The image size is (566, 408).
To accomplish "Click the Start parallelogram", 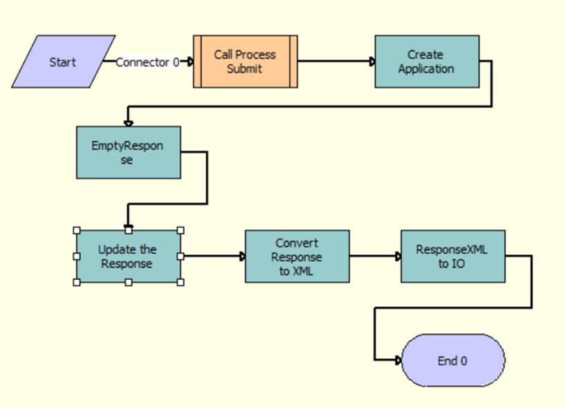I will pyautogui.click(x=62, y=62).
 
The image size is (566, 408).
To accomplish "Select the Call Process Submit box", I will pyautogui.click(x=245, y=62).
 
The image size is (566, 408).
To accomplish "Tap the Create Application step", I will pyautogui.click(x=427, y=62).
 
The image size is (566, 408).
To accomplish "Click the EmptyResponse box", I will pyautogui.click(x=128, y=152).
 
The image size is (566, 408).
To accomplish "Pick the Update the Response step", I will pyautogui.click(x=128, y=256).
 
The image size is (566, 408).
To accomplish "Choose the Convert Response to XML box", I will pyautogui.click(x=297, y=256).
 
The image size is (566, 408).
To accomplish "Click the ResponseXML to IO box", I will pyautogui.click(x=453, y=256).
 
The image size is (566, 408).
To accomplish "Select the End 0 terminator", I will pyautogui.click(x=453, y=361).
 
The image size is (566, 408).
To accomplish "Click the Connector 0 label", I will pyautogui.click(x=147, y=62).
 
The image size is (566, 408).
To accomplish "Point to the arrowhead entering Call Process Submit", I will pyautogui.click(x=190, y=62).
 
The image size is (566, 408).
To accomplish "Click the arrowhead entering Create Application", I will pyautogui.click(x=372, y=62).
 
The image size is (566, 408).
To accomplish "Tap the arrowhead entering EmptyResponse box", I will pyautogui.click(x=128, y=123).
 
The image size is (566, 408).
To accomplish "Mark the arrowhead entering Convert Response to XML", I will pyautogui.click(x=242, y=256).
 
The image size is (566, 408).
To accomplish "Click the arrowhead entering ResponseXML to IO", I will pyautogui.click(x=398, y=256).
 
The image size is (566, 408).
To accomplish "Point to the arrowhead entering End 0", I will pyautogui.click(x=398, y=361).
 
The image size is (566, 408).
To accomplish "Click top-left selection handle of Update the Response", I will pyautogui.click(x=76, y=231).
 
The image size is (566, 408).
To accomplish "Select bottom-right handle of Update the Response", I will pyautogui.click(x=181, y=282).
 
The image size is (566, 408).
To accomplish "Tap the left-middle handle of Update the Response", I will pyautogui.click(x=76, y=256).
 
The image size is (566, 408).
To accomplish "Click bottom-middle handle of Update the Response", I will pyautogui.click(x=128, y=282).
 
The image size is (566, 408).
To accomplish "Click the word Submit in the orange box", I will pyautogui.click(x=245, y=69).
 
